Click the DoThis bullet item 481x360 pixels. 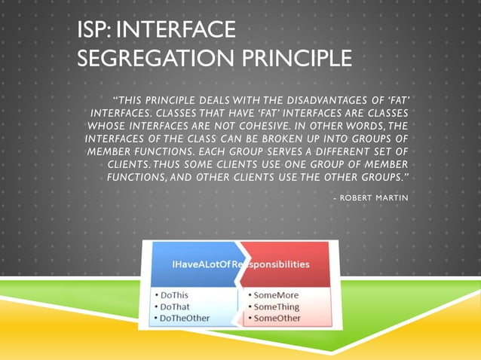point(174,295)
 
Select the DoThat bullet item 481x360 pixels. point(175,307)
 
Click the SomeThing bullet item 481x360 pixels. point(275,307)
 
